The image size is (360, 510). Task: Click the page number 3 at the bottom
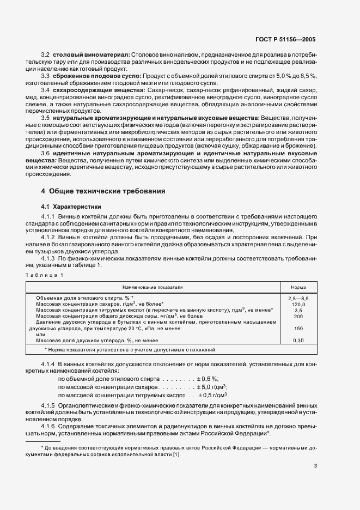[x=315, y=466]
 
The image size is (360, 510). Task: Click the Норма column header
[x=298, y=286]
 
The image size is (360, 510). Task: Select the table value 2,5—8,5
[x=298, y=298]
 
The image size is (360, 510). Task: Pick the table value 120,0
[x=298, y=304]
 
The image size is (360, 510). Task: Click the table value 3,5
[x=298, y=310]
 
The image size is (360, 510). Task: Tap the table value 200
[x=298, y=316]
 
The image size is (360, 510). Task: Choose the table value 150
[x=298, y=329]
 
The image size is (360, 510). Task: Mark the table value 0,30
[x=298, y=341]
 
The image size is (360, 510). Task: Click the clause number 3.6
[x=46, y=154]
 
